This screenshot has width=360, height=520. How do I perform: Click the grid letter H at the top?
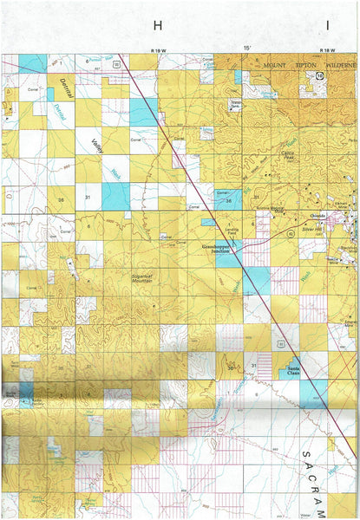pyautogui.click(x=157, y=26)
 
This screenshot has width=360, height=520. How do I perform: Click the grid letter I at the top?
pyautogui.click(x=327, y=26)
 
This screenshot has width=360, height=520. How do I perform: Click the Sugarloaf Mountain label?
pyautogui.click(x=144, y=276)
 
